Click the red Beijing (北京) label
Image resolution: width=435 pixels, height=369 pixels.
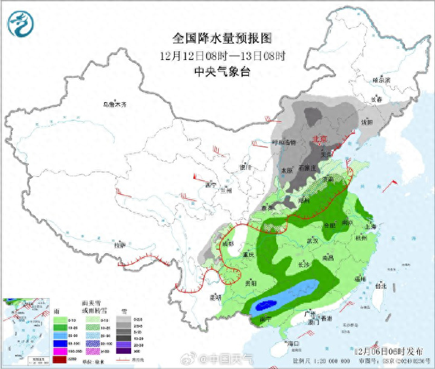[319, 139]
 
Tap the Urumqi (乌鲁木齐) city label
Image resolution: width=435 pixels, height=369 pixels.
[115, 105]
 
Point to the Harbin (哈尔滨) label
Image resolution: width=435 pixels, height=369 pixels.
[382, 80]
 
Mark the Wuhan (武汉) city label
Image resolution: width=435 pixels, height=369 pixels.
[313, 240]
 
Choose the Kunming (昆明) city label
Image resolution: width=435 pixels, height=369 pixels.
[215, 297]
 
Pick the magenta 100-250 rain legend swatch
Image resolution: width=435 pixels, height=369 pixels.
[59, 351]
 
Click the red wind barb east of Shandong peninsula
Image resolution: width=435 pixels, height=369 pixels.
[388, 183]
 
